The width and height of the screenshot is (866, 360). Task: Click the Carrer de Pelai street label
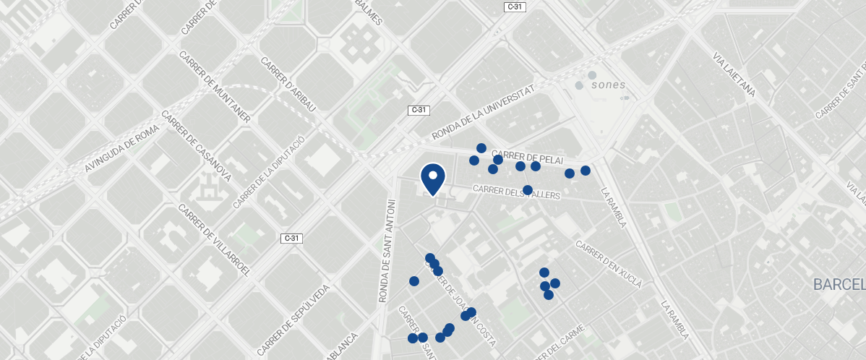click(527, 157)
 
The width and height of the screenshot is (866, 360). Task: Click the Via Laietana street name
click(734, 74)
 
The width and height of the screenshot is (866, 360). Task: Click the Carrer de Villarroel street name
click(214, 241)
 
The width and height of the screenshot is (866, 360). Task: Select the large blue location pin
click(432, 179)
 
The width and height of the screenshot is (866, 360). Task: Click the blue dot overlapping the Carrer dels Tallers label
click(528, 190)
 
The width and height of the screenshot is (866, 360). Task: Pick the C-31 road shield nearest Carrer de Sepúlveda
click(291, 238)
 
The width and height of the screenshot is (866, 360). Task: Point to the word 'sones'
click(608, 85)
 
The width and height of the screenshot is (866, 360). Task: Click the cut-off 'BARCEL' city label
click(839, 284)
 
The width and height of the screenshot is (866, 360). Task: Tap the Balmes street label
click(368, 12)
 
